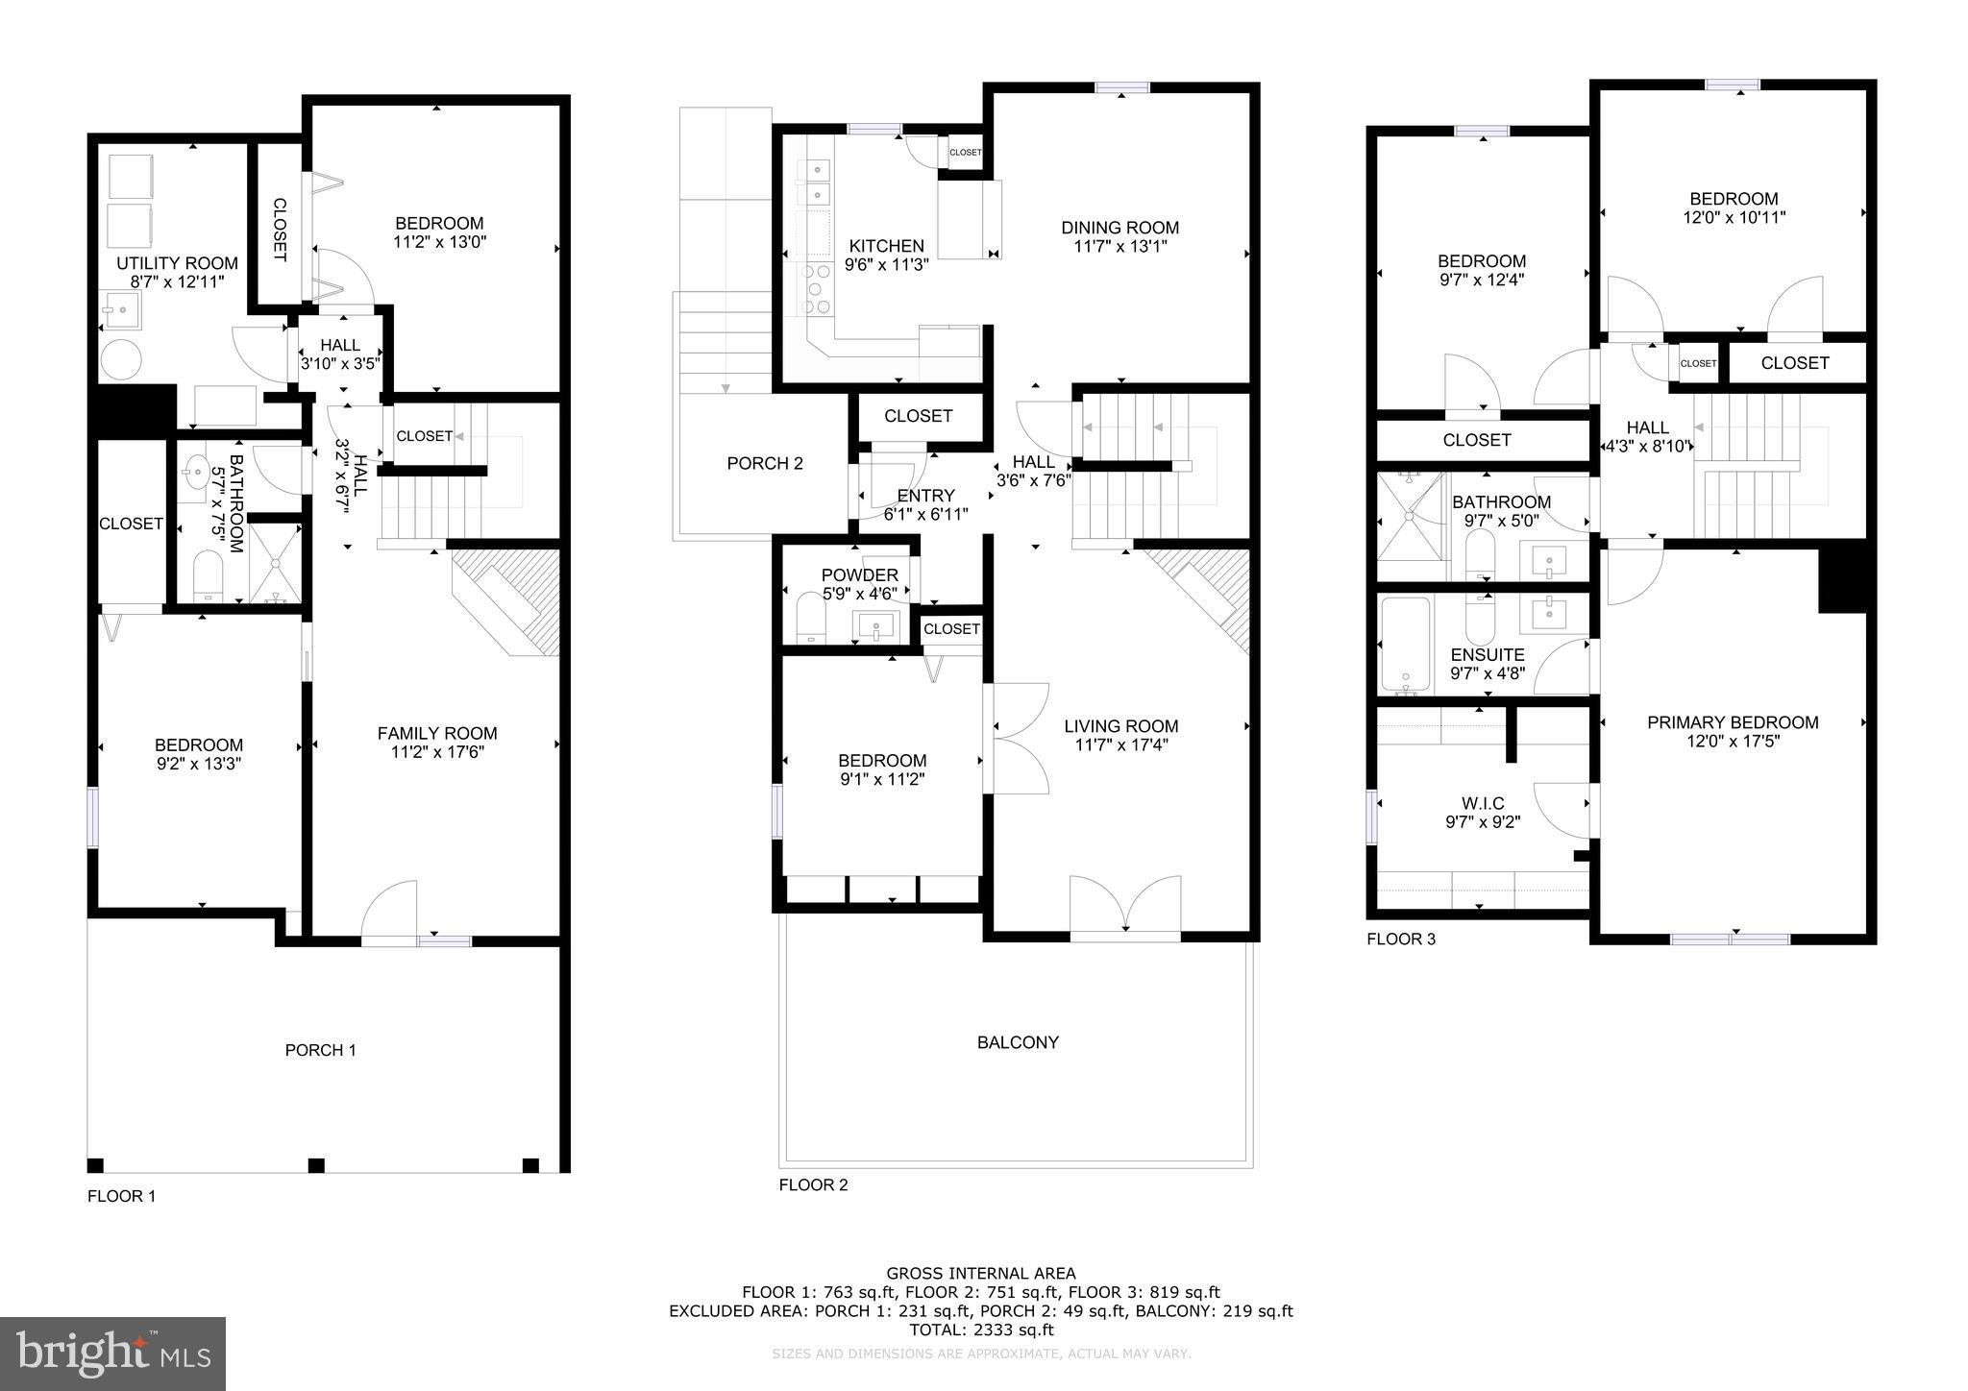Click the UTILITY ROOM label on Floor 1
pos(177,263)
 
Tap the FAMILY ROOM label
pos(437,733)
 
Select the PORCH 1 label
pos(320,1050)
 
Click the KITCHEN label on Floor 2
pos(886,246)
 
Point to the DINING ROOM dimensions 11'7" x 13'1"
pos(1119,246)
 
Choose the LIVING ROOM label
pos(1120,726)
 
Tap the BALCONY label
pos(1018,1042)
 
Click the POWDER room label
pos(859,575)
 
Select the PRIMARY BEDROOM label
pos(1732,722)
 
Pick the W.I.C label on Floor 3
pos(1483,803)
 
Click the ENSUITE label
pos(1487,655)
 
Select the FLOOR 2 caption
pos(813,1184)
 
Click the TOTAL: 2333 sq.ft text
pos(981,1330)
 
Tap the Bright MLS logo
pos(112,1354)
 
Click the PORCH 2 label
pos(764,463)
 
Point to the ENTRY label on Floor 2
pos(925,496)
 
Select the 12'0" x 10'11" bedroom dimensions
pos(1734,217)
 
